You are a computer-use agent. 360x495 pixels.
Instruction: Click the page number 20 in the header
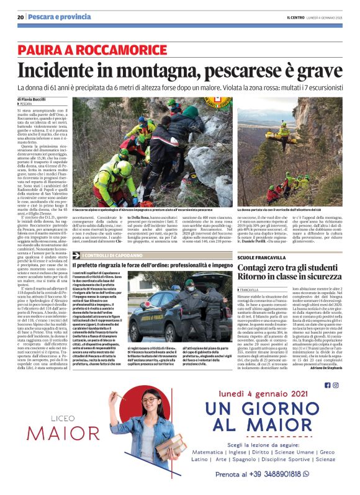[x=20, y=17]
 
